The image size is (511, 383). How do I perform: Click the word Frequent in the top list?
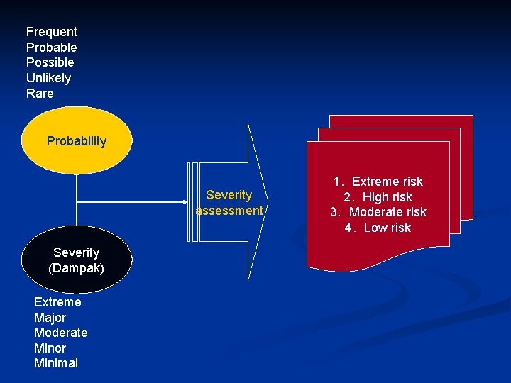coord(51,32)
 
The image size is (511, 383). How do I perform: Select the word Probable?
coord(51,48)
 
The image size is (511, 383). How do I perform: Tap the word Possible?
coord(50,62)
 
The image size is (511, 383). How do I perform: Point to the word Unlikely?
coord(48,78)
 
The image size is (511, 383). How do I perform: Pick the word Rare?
coord(40,94)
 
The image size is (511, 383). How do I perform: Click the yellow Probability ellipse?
coord(77,141)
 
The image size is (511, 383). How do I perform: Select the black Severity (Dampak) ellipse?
coord(76,260)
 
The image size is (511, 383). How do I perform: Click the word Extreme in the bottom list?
coord(57,302)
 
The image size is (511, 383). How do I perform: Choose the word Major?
coord(50,318)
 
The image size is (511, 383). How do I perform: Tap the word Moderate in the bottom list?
coord(60,333)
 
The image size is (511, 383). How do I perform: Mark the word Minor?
coord(50,348)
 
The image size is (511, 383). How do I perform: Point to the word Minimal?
coord(56,363)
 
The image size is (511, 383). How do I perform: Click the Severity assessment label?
coord(229,203)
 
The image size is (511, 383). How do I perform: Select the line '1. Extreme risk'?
coord(378,182)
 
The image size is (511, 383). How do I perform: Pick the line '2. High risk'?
coord(378,197)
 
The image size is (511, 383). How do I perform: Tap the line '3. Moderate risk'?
coord(378,212)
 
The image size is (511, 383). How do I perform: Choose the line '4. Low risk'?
coord(378,228)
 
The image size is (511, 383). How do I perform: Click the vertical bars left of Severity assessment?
coord(190,203)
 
